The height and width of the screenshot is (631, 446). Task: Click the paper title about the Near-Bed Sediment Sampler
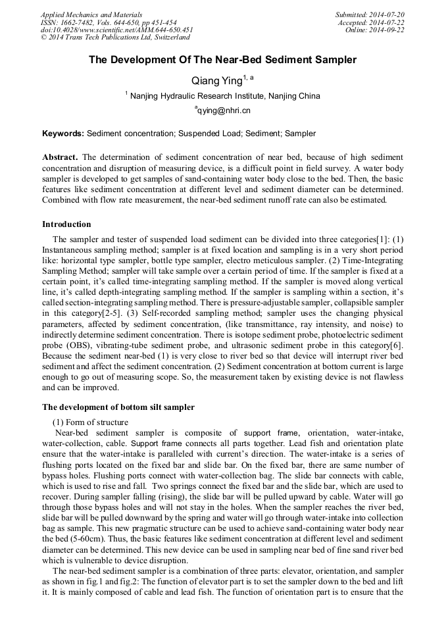point(222,60)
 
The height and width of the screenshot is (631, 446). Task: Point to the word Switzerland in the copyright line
point(164,38)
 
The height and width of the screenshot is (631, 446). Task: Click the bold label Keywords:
point(63,134)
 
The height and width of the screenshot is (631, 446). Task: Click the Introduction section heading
point(66,224)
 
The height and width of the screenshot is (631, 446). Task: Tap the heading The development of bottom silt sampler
point(118,407)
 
